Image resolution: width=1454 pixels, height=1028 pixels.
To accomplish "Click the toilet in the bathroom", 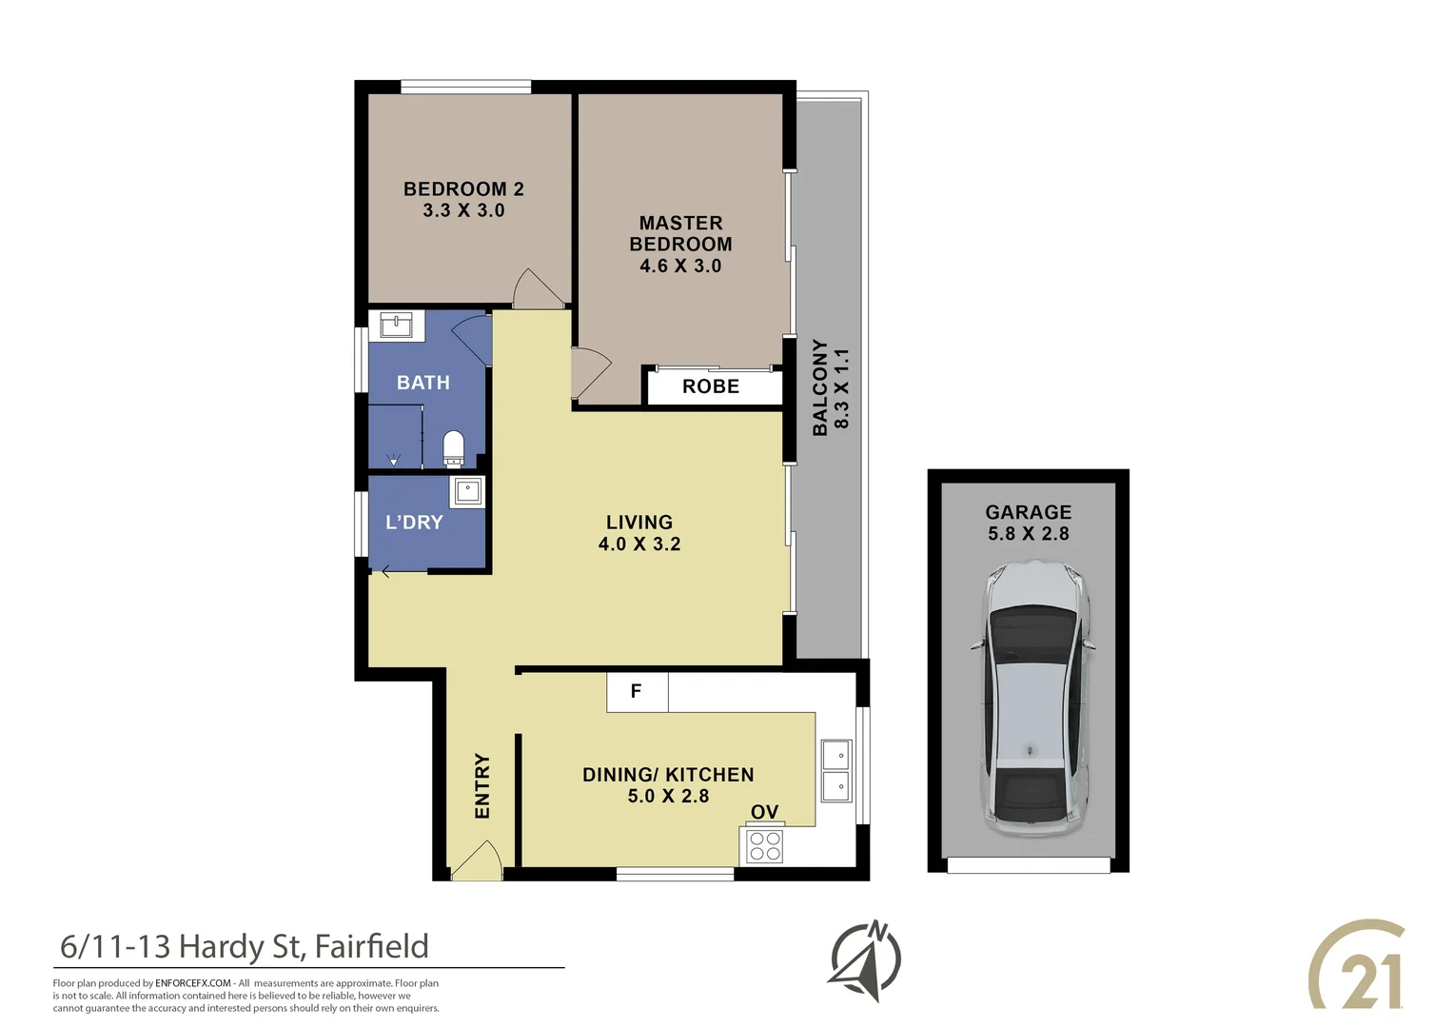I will point(454,448).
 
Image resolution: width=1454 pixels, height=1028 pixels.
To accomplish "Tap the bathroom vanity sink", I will point(396,325).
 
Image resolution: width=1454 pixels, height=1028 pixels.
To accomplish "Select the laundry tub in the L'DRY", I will point(467,491).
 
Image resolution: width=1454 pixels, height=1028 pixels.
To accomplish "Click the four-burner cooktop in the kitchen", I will point(765,846).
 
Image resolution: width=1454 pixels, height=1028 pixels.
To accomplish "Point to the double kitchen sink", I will point(836,771).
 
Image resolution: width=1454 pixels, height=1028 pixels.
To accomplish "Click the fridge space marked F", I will point(637,692).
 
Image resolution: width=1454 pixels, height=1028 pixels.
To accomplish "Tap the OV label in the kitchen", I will point(764,812).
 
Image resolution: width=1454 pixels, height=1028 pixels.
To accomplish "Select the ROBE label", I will point(711,386).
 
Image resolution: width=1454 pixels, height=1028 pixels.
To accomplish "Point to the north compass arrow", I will point(865,960).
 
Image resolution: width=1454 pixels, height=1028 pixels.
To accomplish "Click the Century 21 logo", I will point(1359,965).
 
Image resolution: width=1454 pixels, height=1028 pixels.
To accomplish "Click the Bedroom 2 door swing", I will point(537,289).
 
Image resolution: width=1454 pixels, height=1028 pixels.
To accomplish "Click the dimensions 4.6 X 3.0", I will point(680,267).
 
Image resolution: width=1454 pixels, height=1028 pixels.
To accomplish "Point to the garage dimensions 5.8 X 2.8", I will point(1029,534).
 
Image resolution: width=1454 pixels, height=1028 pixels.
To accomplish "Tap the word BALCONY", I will point(820,387).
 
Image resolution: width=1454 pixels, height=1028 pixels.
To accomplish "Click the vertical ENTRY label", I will point(482,786).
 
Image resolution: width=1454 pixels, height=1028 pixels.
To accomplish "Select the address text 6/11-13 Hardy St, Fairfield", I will point(245,946).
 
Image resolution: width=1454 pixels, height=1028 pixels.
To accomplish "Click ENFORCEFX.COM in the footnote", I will point(193,983).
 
